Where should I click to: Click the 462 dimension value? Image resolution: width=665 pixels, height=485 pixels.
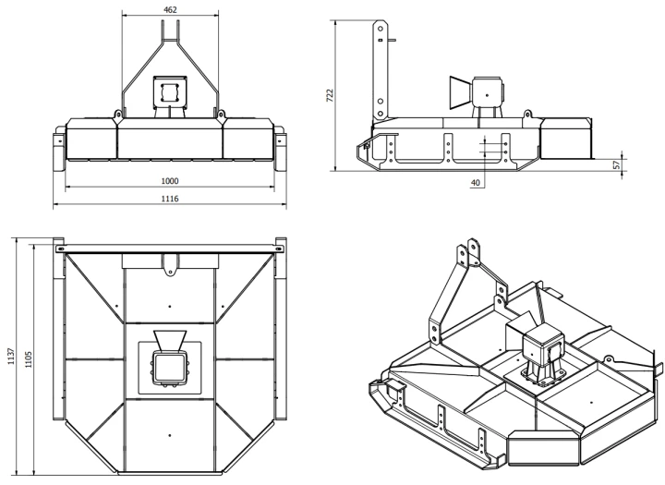[x=170, y=9]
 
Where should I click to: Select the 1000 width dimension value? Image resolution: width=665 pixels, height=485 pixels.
[x=170, y=181]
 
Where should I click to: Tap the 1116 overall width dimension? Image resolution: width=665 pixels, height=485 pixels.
[x=170, y=199]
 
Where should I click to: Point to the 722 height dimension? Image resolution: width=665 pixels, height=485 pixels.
[x=330, y=95]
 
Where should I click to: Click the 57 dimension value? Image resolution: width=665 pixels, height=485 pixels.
[x=617, y=164]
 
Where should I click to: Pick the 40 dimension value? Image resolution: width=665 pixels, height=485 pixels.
[x=475, y=183]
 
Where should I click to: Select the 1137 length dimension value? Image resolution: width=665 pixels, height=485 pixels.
[x=10, y=356]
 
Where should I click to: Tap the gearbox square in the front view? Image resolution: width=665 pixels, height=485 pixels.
[x=170, y=91]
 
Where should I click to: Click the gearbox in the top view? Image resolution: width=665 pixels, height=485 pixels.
[x=170, y=367]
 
